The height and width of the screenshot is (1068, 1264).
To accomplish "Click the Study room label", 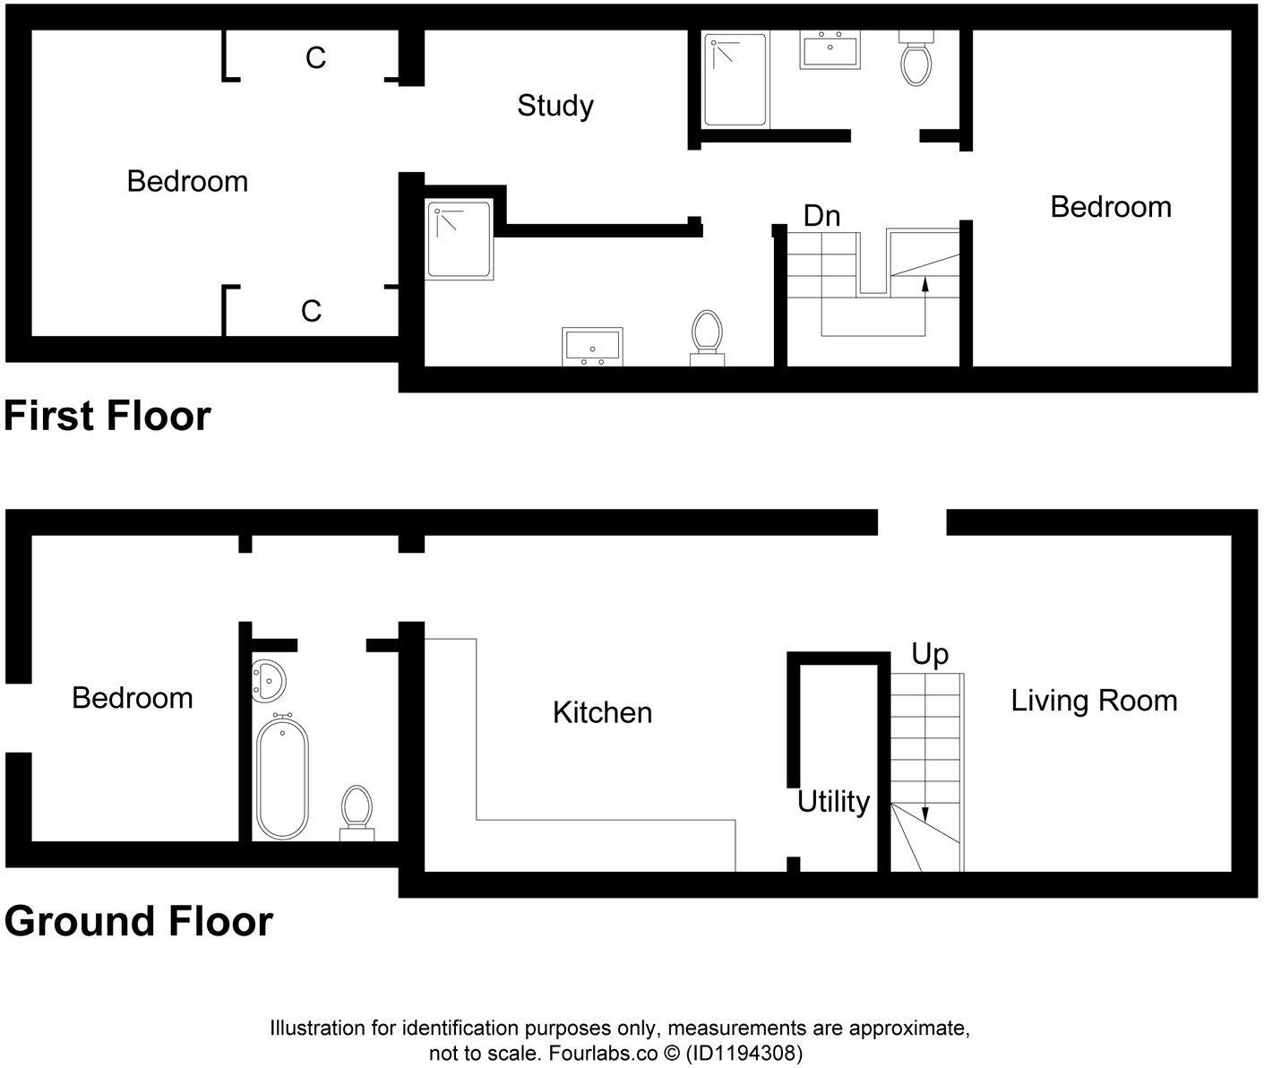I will (x=555, y=106).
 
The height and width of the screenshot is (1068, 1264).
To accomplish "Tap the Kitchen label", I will (x=602, y=712).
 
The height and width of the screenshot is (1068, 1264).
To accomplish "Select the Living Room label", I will (x=1094, y=700).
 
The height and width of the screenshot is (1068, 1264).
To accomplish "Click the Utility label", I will (x=833, y=801).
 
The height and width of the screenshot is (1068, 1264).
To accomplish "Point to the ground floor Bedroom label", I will (x=133, y=698).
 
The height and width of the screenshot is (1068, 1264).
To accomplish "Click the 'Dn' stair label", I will (x=821, y=216).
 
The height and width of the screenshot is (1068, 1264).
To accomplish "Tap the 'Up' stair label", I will (x=930, y=654).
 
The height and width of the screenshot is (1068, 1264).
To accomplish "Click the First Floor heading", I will (x=107, y=417).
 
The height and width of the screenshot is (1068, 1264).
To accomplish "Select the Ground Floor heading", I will (x=138, y=922).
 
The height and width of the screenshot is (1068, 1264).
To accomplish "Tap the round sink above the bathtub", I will (x=268, y=681).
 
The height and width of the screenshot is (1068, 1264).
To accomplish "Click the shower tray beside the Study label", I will (x=735, y=80).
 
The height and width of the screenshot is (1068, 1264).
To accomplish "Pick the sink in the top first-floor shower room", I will (x=830, y=50).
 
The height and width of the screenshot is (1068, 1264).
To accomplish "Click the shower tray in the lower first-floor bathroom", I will (x=460, y=239).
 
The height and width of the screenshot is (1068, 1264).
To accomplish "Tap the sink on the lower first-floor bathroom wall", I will (x=592, y=345).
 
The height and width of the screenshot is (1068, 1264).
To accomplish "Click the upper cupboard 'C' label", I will (x=315, y=58).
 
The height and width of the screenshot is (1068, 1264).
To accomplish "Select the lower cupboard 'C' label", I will (x=311, y=312).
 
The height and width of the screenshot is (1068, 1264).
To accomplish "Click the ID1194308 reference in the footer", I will (x=744, y=1052).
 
